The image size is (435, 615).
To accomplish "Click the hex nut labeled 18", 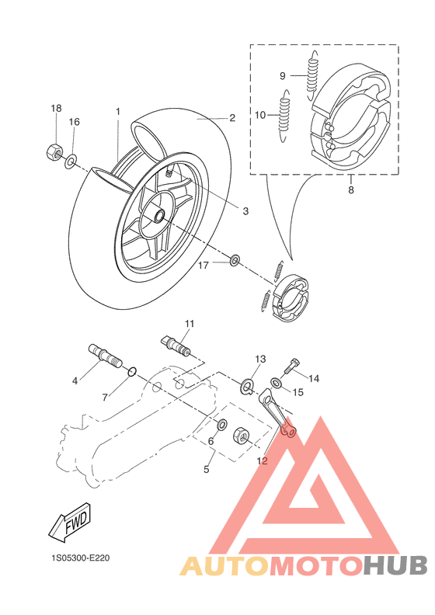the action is tap(54, 151).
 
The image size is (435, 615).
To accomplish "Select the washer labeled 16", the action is tap(71, 161).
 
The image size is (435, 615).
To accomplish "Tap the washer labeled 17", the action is tap(235, 259).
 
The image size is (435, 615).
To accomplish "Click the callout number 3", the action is tap(245, 211).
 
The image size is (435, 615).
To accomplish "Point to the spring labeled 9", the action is tap(311, 75).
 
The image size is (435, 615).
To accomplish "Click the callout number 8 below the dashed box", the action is tap(350, 189).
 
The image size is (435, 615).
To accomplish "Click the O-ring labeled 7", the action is tap(132, 371).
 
